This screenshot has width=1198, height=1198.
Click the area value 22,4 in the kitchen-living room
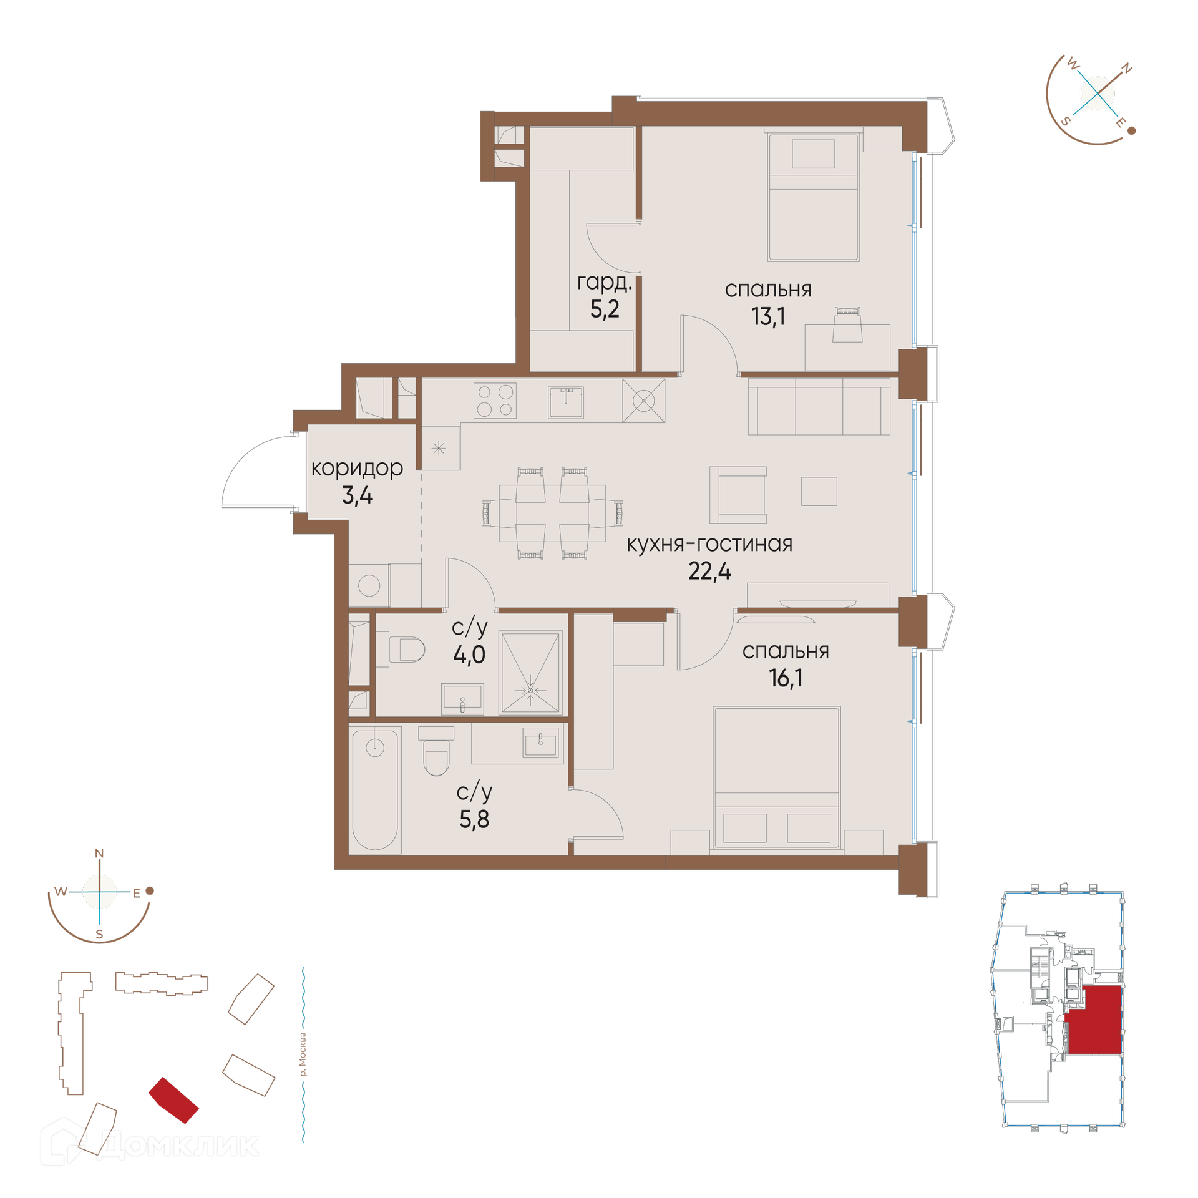[709, 571]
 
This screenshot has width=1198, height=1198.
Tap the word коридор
[357, 469]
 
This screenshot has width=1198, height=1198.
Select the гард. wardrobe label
[604, 283]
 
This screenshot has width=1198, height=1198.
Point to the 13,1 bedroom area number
[768, 317]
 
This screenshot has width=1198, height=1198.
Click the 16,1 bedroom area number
[786, 678]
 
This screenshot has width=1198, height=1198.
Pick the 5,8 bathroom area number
[474, 819]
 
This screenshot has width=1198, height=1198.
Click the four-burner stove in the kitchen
[495, 401]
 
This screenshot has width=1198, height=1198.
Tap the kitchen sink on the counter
[566, 402]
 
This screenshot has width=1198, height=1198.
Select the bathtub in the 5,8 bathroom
[375, 789]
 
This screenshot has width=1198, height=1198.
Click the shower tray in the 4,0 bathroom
[530, 672]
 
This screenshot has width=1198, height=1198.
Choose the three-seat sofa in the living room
[819, 406]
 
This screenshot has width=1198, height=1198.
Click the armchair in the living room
[738, 495]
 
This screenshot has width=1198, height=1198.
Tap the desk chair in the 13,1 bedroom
[847, 324]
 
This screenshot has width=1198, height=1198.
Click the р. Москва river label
[303, 1054]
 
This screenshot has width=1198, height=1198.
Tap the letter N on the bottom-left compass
[99, 854]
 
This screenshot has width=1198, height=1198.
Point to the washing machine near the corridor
[369, 585]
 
